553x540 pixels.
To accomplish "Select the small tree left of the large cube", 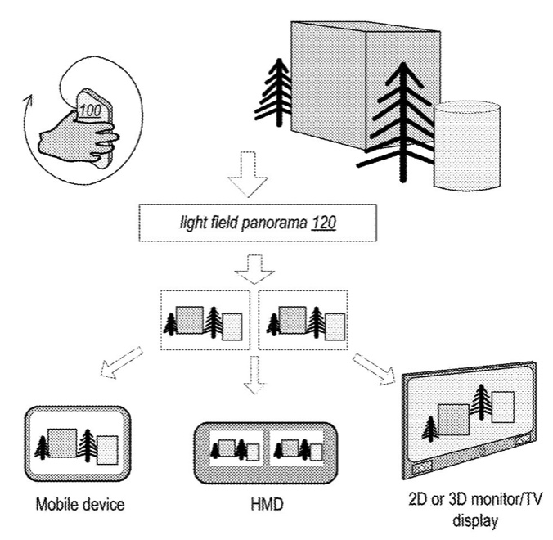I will pos(272,97).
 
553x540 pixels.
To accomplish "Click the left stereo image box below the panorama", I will pos(205,322).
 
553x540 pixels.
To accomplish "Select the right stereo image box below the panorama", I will pos(298,322).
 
